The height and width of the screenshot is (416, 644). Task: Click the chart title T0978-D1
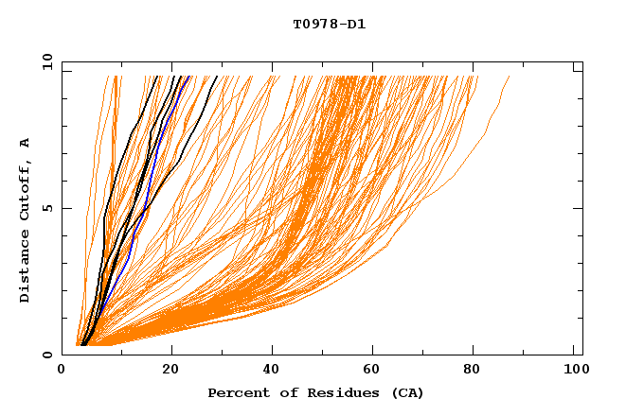[x=329, y=24]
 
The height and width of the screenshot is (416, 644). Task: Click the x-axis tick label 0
[x=62, y=371]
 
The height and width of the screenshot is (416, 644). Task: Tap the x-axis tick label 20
[x=170, y=371]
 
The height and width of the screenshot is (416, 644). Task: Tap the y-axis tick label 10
[x=46, y=61]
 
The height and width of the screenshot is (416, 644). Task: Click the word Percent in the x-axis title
[x=235, y=392]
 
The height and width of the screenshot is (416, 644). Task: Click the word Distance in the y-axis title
[x=26, y=269]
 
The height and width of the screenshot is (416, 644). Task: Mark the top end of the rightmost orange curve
[x=509, y=77]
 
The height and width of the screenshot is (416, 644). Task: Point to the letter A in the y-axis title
[x=26, y=143]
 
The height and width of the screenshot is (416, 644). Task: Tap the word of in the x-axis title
[x=278, y=392]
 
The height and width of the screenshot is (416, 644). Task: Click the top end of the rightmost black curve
[x=217, y=77]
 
